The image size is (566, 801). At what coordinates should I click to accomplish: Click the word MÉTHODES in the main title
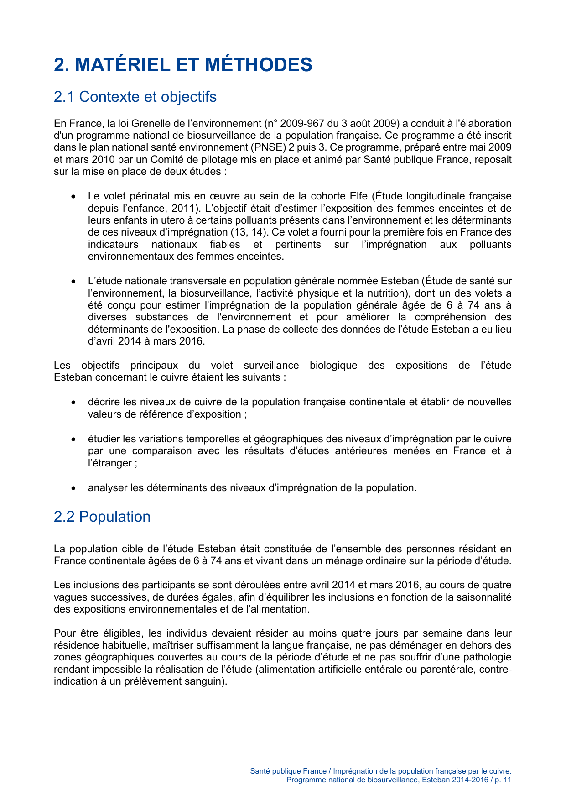(258, 64)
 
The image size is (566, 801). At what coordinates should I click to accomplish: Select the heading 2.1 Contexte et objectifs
(135, 97)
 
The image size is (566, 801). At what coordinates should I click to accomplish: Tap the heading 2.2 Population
(102, 517)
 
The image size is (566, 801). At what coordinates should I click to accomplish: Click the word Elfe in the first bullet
(358, 196)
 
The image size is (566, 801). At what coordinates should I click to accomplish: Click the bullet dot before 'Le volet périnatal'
(73, 197)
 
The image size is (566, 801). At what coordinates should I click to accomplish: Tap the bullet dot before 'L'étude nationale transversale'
(73, 282)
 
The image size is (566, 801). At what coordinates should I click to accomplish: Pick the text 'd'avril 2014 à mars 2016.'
(146, 341)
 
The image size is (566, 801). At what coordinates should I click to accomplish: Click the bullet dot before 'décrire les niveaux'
(73, 403)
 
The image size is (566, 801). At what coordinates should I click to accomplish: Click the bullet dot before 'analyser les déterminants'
(73, 488)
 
